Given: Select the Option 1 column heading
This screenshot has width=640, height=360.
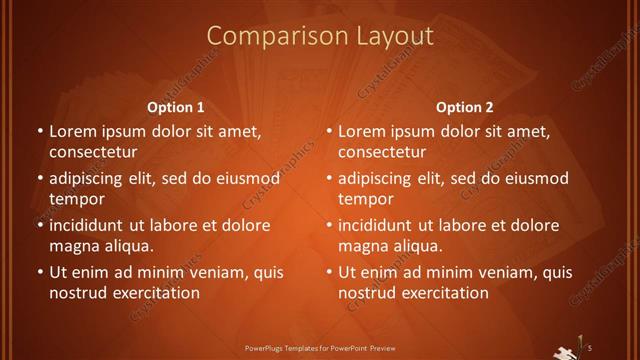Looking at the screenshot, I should point(176,106).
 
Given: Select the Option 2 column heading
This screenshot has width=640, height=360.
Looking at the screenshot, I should point(465,106).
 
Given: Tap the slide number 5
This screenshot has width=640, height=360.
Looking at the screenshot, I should point(590,347).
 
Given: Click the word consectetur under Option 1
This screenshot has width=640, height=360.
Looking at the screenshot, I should point(93,153).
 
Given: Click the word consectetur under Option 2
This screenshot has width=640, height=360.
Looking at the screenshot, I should point(382,153).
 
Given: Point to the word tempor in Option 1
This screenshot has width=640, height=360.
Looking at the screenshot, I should point(72,199).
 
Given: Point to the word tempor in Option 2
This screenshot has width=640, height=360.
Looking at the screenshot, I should point(361,199).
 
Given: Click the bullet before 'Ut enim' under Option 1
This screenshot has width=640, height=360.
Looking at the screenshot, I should point(40,272).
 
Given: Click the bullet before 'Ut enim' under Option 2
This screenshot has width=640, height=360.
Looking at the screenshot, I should point(329,272).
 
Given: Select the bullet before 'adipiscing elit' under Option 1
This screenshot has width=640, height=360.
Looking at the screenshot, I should point(40,179).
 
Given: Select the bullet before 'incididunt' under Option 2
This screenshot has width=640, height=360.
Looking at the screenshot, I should point(329,226).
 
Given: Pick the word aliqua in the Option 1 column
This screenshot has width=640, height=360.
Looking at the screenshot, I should point(127,246).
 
